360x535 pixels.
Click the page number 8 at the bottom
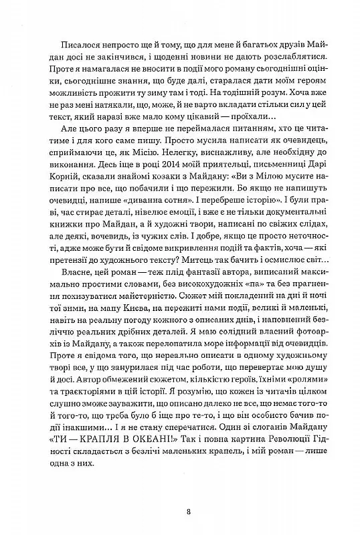click(189, 513)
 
